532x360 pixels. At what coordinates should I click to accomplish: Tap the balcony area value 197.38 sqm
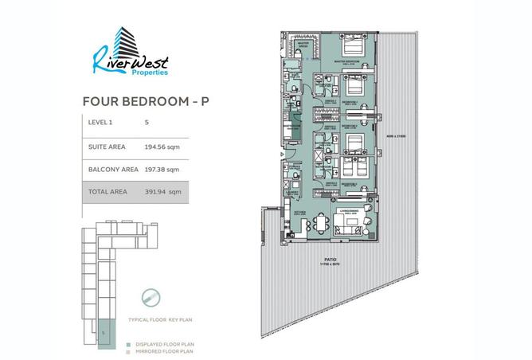pyautogui.click(x=162, y=169)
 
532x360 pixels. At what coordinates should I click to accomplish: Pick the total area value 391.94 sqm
pyautogui.click(x=163, y=191)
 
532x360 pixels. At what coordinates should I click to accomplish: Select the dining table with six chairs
pyautogui.click(x=323, y=223)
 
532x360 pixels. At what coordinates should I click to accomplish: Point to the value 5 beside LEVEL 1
pyautogui.click(x=147, y=123)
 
